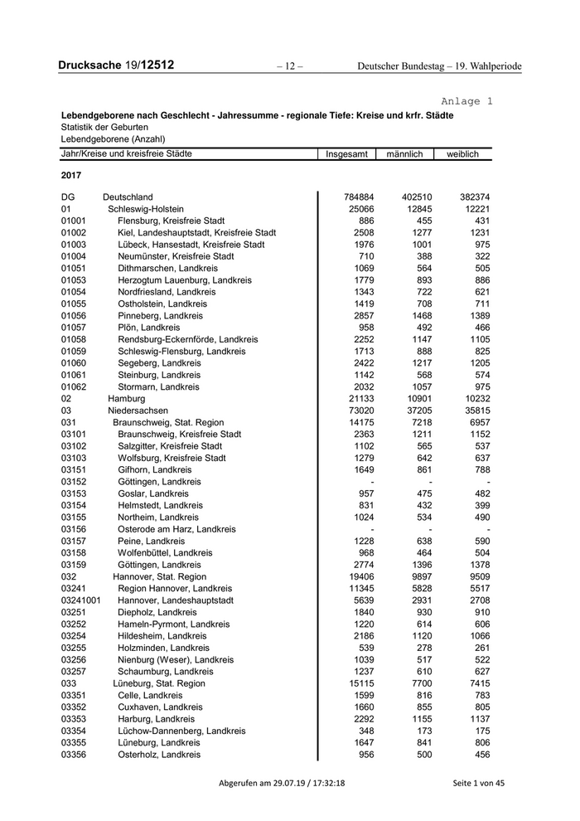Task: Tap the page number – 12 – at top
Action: pyautogui.click(x=289, y=66)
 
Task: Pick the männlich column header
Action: pyautogui.click(x=404, y=154)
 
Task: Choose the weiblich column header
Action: pyautogui.click(x=463, y=154)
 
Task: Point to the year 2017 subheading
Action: pyautogui.click(x=72, y=176)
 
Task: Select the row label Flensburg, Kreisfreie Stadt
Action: pyautogui.click(x=172, y=221)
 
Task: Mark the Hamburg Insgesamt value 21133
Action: pyautogui.click(x=351, y=399)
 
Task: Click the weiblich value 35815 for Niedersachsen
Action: pyautogui.click(x=475, y=410)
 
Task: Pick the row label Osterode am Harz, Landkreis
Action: pyautogui.click(x=176, y=529)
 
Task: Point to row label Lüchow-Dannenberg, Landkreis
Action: pyautogui.click(x=181, y=731)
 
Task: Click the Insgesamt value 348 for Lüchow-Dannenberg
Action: pyautogui.click(x=355, y=731)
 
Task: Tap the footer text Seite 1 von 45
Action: pyautogui.click(x=478, y=783)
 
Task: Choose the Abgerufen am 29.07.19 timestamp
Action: pyautogui.click(x=282, y=783)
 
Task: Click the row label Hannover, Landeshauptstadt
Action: pyautogui.click(x=176, y=600)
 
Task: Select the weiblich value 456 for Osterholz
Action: pyautogui.click(x=480, y=755)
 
